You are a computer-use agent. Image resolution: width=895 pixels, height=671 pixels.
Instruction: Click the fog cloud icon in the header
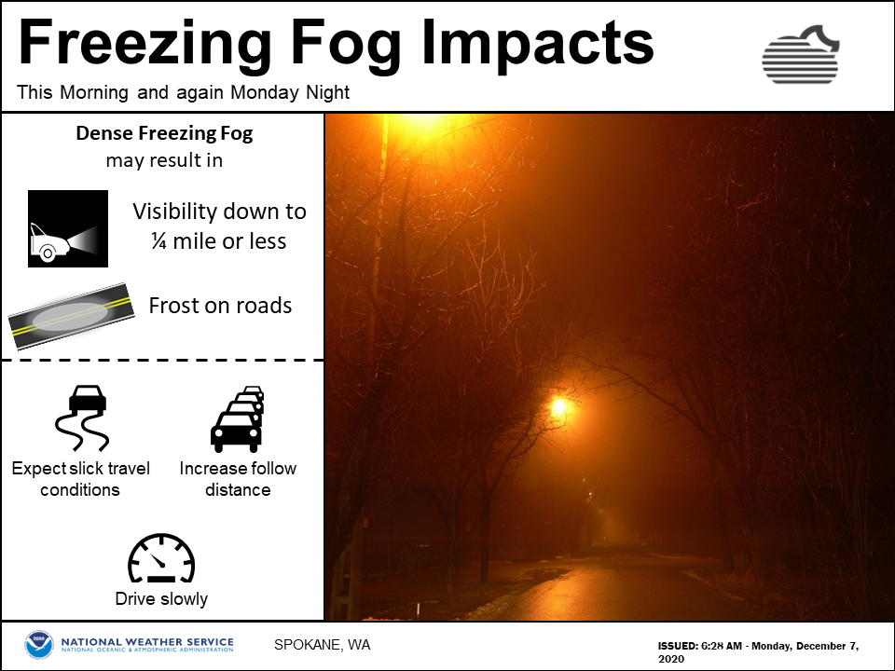(x=801, y=55)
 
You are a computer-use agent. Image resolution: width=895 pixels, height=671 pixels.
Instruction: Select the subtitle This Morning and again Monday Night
(x=184, y=92)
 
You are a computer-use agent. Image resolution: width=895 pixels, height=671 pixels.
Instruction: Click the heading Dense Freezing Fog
(x=164, y=133)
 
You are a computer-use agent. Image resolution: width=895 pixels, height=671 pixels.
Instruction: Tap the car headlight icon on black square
(x=68, y=228)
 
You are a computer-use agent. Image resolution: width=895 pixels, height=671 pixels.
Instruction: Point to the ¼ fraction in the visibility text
(x=158, y=241)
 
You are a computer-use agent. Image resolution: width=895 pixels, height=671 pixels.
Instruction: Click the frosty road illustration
(x=72, y=316)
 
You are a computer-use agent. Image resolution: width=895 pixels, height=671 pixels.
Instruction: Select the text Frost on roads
(x=220, y=306)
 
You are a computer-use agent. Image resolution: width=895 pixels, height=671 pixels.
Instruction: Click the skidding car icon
(x=83, y=418)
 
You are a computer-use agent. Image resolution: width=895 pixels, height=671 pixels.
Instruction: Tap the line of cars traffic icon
(x=238, y=418)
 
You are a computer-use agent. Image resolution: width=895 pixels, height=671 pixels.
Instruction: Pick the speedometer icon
(x=161, y=559)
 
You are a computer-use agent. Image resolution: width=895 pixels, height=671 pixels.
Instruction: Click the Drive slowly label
(x=161, y=598)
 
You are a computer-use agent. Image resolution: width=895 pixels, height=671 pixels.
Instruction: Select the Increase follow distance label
(x=238, y=479)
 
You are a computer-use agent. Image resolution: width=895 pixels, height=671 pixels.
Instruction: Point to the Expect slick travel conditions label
(x=80, y=479)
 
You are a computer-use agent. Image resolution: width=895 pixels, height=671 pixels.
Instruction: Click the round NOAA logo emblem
(x=39, y=645)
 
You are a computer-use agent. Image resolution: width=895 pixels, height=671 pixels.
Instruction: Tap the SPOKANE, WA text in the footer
(x=322, y=645)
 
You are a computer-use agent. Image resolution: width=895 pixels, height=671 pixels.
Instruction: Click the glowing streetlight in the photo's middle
(x=559, y=406)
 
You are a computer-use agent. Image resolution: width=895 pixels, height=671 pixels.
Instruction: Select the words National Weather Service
(x=147, y=642)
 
